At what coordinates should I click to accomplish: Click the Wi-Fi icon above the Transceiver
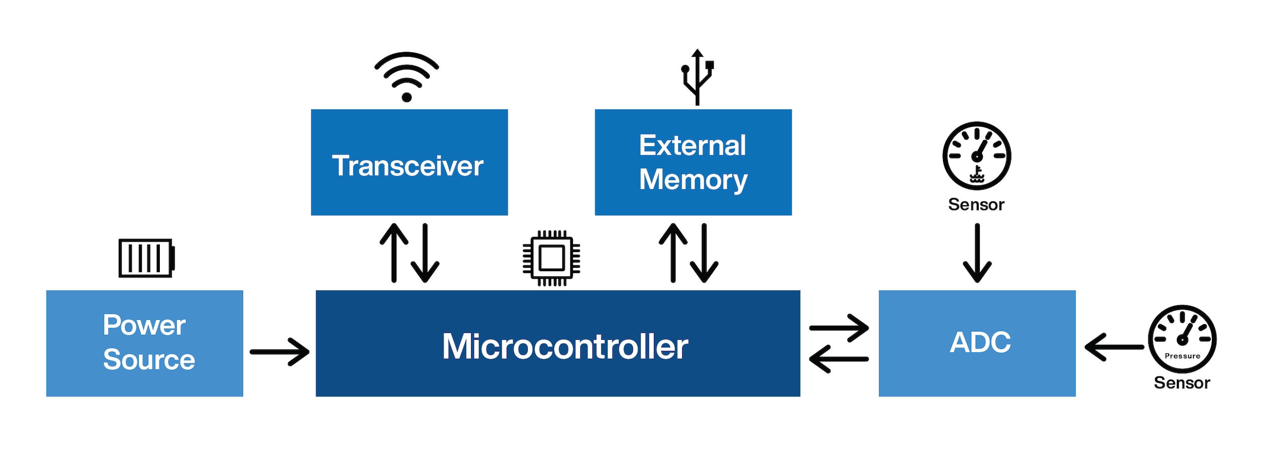(x=406, y=76)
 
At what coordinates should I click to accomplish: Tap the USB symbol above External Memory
(x=697, y=77)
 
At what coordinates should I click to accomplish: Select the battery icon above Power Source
(x=146, y=258)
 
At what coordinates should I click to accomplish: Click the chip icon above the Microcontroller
(x=551, y=258)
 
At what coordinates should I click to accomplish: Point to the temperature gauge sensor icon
(x=976, y=156)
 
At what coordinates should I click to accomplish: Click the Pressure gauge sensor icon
(x=1182, y=339)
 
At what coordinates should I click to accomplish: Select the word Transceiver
(x=407, y=166)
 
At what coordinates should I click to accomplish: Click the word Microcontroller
(x=565, y=346)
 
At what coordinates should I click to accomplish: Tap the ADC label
(x=980, y=342)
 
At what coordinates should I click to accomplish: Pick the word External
(x=692, y=146)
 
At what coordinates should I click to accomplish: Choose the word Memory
(x=693, y=180)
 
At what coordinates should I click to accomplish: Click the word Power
(x=144, y=325)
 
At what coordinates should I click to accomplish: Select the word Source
(x=149, y=359)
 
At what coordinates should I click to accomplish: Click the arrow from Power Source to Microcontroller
(x=279, y=352)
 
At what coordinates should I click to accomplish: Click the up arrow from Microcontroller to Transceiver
(x=394, y=253)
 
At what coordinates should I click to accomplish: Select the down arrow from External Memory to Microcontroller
(x=704, y=253)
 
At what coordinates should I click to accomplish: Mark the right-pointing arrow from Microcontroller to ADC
(x=838, y=328)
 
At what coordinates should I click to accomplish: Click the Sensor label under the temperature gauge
(x=976, y=205)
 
